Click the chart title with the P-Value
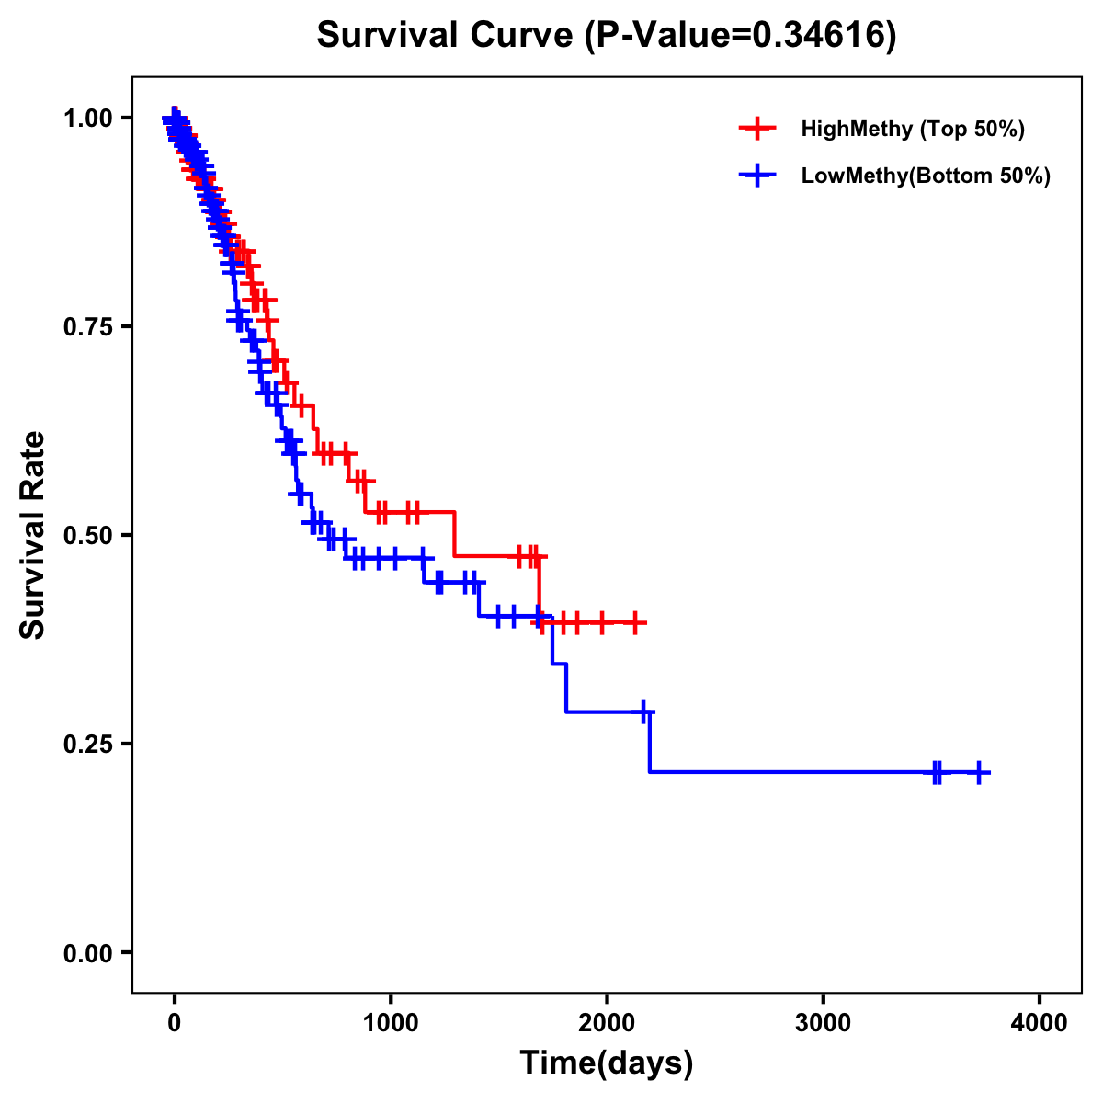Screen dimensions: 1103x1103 point(606,35)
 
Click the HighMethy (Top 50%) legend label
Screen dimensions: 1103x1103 point(912,129)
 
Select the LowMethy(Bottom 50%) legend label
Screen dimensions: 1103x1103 point(926,176)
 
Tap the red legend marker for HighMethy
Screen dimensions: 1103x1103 point(757,129)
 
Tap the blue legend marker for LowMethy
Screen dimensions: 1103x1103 point(757,176)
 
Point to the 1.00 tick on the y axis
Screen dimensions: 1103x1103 point(89,119)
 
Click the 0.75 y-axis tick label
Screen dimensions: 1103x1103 point(89,327)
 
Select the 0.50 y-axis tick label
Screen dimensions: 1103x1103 point(89,536)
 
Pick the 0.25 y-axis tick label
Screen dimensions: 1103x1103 point(89,745)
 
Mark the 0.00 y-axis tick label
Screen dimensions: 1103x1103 point(89,953)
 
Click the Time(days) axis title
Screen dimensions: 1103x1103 point(606,1063)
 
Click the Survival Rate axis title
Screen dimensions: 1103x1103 point(33,535)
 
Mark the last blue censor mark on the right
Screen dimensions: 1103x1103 point(979,772)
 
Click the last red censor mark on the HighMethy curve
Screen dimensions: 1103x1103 point(633,622)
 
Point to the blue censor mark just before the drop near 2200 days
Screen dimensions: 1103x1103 point(644,711)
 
